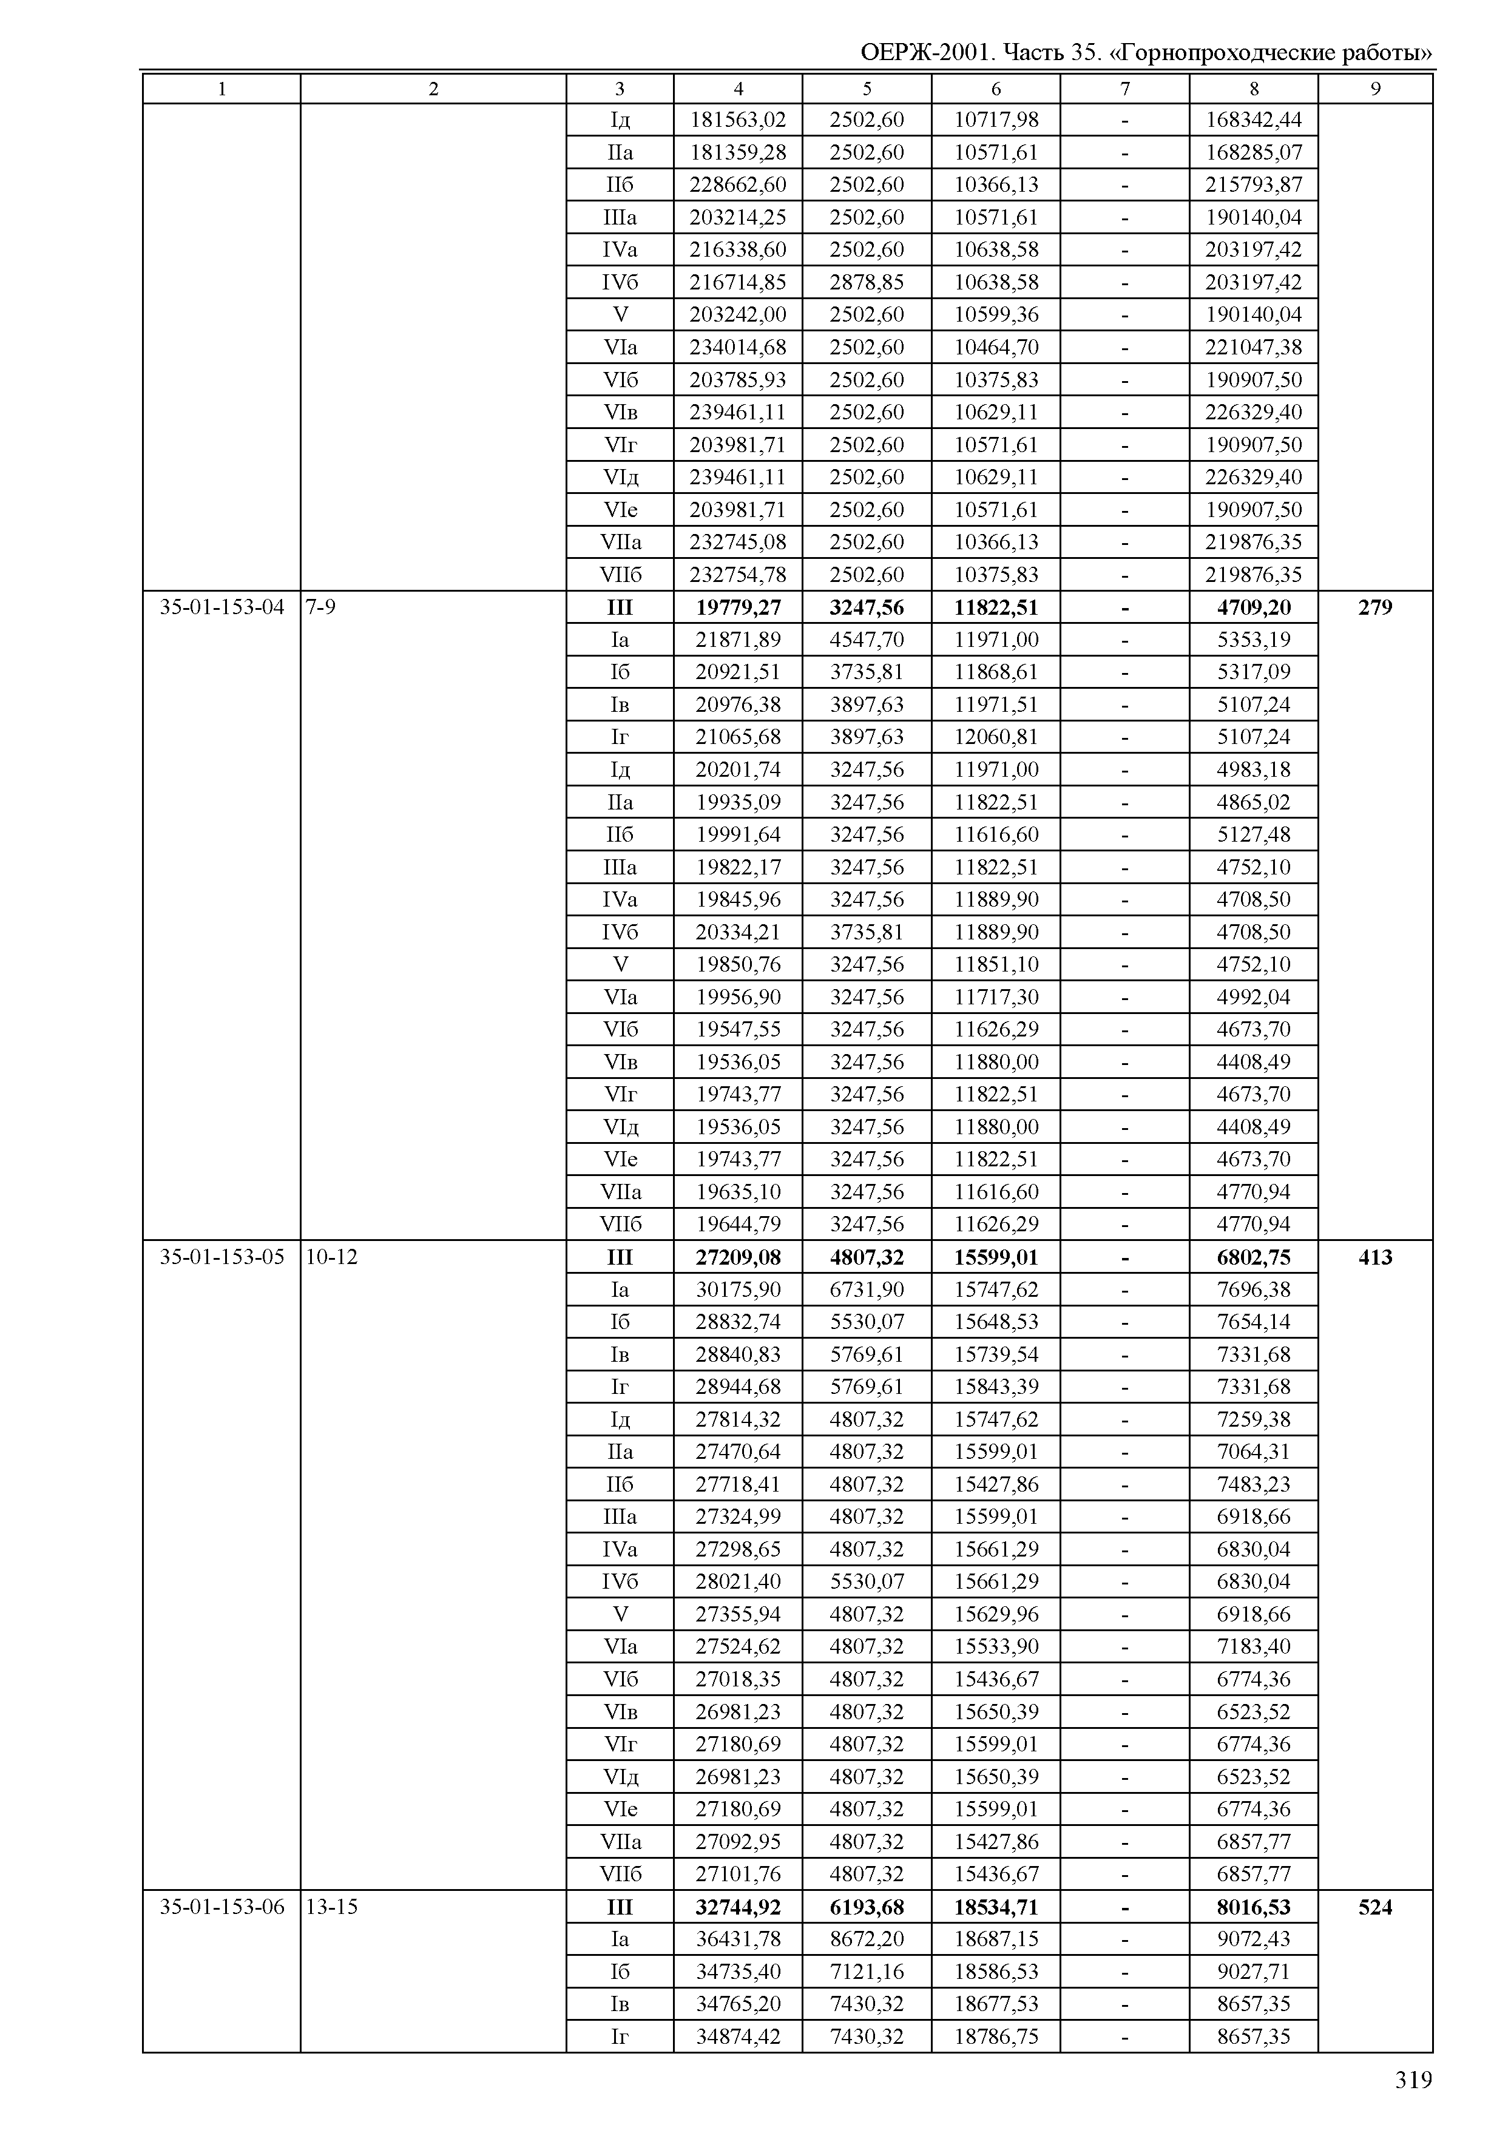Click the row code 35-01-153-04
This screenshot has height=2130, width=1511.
coord(221,607)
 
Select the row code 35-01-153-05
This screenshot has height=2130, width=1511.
coord(221,1257)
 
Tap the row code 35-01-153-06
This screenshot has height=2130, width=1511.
coord(221,1907)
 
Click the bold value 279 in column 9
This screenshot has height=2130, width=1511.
coord(1374,607)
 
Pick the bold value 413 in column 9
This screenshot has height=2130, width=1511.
coord(1374,1257)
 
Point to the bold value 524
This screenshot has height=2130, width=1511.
coord(1374,1907)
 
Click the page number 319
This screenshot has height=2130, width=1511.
coord(1412,2080)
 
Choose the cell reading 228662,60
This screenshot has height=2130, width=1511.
coord(738,184)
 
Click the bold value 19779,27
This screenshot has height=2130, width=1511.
coord(738,607)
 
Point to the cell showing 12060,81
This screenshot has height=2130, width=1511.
coord(996,737)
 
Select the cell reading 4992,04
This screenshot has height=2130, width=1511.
coord(1253,996)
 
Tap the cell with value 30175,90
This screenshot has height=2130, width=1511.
coord(738,1289)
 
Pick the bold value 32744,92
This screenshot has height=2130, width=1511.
coord(738,1907)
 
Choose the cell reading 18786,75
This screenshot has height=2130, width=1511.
coord(996,2036)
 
